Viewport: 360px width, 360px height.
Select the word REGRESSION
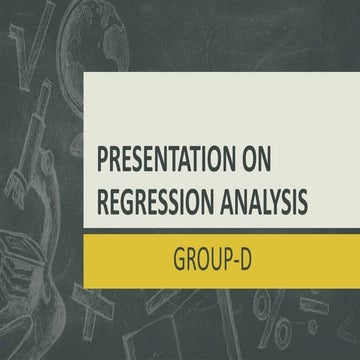(x=155, y=199)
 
